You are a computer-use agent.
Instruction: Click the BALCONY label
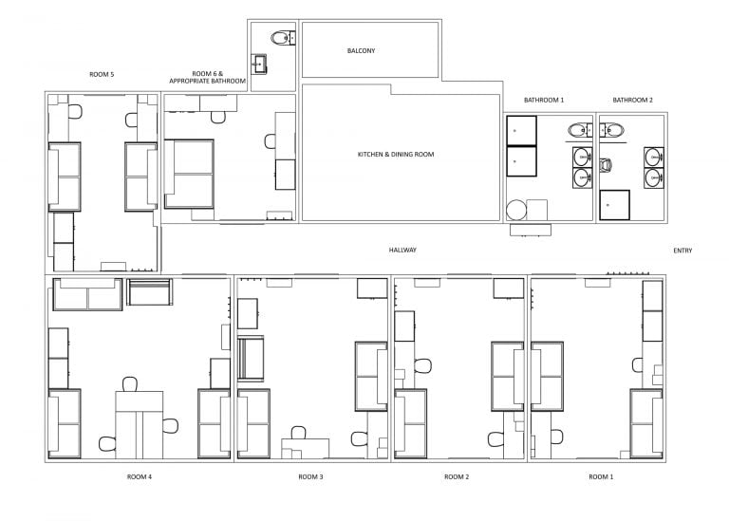361,50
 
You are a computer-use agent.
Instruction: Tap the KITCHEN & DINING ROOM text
396,155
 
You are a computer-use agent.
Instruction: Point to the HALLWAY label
402,250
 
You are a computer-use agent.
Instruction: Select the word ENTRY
682,251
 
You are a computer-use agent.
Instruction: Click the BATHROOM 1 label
544,100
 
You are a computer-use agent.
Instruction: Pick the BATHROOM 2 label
633,100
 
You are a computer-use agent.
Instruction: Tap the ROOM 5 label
102,74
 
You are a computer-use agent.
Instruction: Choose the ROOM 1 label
601,476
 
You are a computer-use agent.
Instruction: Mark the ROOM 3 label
310,476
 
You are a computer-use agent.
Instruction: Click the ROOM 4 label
140,476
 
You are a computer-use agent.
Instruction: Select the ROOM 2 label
457,476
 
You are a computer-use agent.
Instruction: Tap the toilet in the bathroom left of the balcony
283,38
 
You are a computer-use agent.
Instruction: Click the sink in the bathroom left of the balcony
259,65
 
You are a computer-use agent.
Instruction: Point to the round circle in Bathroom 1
516,210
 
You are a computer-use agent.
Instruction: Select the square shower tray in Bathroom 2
615,205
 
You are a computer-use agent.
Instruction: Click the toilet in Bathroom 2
605,165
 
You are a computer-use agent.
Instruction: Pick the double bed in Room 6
189,174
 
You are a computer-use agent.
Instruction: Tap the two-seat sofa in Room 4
87,294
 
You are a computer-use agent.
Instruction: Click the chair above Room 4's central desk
130,384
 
